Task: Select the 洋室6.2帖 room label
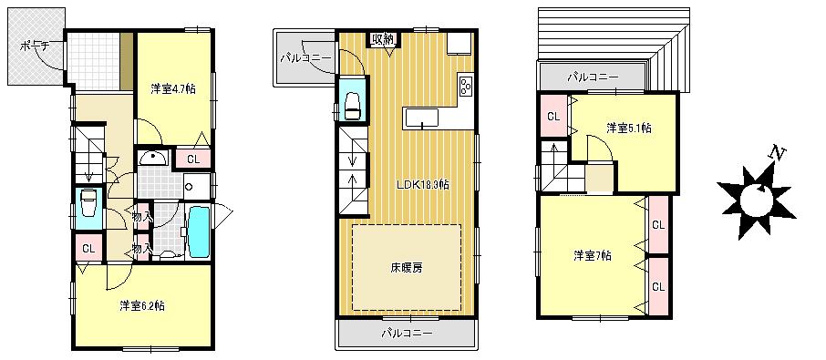click(x=141, y=305)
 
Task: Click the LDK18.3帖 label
click(x=422, y=183)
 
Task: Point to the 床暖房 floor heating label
click(x=407, y=268)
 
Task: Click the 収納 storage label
click(x=382, y=38)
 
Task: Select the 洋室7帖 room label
click(x=593, y=254)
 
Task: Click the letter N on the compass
click(x=777, y=153)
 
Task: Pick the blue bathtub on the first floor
click(x=198, y=232)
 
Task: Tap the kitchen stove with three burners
click(x=466, y=87)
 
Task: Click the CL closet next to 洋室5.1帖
click(x=553, y=116)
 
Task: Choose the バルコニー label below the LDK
click(x=407, y=333)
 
